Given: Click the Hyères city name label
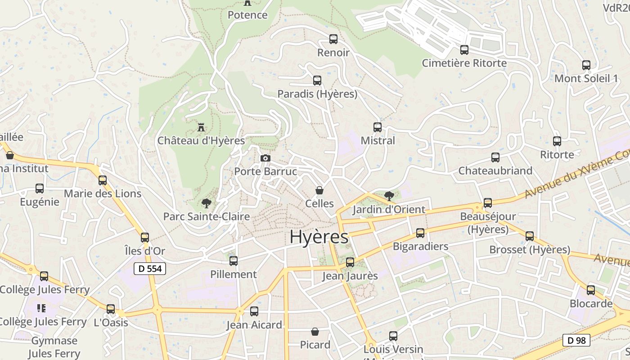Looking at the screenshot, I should [319, 237].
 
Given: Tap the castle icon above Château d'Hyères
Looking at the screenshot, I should [201, 127].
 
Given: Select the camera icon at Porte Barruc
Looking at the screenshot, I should [265, 158].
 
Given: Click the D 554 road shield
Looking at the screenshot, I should [150, 269].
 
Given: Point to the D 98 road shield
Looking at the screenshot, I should [576, 340].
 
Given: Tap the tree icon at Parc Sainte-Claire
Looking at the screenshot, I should [207, 203].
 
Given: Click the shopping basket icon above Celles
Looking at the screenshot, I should [319, 190].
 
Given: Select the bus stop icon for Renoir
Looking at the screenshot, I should [333, 39].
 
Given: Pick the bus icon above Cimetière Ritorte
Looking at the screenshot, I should [464, 50].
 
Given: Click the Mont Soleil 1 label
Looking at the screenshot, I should [586, 78].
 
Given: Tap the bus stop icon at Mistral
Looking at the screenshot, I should [378, 127].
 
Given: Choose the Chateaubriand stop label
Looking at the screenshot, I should [495, 171].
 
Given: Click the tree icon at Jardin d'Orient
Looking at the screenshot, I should [389, 196].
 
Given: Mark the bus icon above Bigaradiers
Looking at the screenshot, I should [420, 233].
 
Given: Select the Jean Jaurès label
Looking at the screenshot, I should [350, 276].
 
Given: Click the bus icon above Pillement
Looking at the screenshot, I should [234, 261].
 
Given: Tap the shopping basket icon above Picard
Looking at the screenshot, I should [315, 332].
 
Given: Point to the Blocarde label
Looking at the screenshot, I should [591, 303].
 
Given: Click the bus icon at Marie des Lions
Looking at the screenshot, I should [103, 180].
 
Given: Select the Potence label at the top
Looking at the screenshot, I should [247, 15].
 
